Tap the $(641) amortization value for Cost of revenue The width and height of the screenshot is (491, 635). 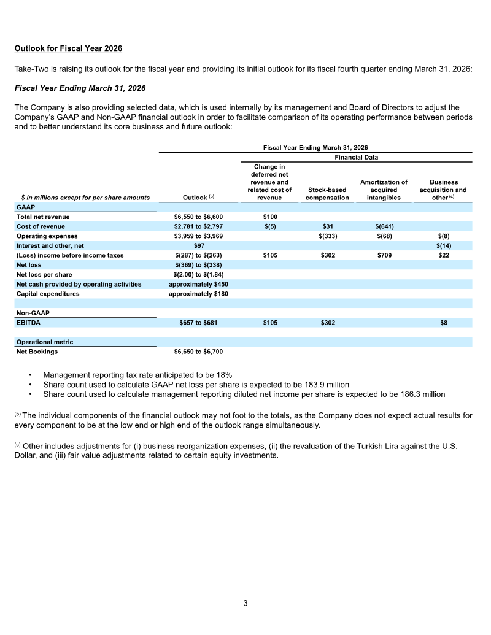click(x=384, y=226)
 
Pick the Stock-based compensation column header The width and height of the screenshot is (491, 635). click(x=327, y=194)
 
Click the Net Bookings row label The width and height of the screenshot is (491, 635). click(x=37, y=352)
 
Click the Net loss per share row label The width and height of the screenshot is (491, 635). click(x=44, y=274)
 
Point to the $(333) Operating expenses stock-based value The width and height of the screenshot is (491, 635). click(x=327, y=236)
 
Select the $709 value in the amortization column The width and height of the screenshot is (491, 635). click(x=384, y=255)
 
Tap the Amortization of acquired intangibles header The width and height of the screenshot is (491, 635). click(x=384, y=190)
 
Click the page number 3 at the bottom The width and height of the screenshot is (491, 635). click(x=245, y=603)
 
